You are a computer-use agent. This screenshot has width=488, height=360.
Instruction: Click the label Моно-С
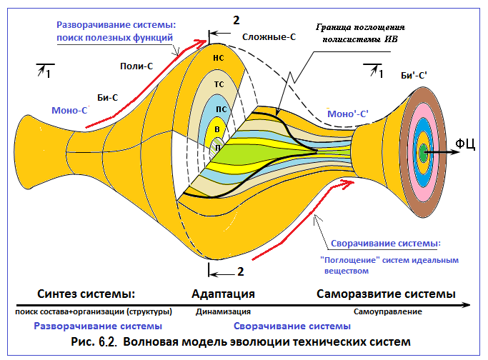69,111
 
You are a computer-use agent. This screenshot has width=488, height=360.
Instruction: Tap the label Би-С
108,98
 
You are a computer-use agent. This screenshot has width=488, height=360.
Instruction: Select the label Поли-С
136,66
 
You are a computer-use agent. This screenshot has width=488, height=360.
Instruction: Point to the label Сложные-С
269,37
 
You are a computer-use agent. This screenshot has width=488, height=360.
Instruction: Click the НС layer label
219,58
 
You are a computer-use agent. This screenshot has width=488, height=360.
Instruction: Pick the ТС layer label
219,84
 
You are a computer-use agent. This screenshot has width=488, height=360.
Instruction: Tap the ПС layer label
221,109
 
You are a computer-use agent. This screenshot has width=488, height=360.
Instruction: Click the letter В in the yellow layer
217,129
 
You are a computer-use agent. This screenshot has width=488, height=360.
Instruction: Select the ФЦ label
465,144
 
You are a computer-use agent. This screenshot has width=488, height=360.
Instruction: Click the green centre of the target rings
423,152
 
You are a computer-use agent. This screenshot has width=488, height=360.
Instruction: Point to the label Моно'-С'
348,114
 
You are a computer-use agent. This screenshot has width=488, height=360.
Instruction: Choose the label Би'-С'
414,76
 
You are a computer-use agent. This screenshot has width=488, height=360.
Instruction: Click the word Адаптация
223,294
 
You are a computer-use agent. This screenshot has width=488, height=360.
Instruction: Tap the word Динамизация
223,311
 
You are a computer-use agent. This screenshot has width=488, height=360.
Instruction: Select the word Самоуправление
388,311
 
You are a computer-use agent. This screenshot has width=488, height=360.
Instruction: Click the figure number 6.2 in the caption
108,342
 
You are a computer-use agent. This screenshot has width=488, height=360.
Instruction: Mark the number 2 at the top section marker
236,20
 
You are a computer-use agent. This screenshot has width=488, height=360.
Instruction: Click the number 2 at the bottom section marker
240,271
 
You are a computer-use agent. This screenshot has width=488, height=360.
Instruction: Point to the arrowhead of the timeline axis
467,305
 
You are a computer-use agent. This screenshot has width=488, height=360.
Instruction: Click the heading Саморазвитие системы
386,294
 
